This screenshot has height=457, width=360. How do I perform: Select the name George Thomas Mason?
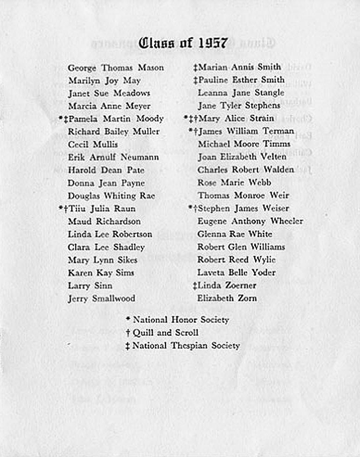(116, 68)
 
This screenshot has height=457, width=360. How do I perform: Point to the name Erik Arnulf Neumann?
(113, 157)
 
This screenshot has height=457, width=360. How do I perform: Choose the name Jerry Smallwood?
(101, 298)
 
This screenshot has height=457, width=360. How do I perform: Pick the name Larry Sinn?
(90, 286)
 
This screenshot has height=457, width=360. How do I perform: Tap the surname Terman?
(278, 131)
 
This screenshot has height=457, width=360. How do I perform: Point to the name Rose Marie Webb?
(234, 183)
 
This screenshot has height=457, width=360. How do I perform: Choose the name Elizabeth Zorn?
(227, 298)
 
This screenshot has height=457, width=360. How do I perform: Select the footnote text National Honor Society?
(181, 320)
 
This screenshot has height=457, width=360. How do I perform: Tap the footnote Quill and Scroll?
(166, 333)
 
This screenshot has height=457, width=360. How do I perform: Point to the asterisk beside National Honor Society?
(128, 319)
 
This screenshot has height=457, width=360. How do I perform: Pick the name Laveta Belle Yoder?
(237, 273)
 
